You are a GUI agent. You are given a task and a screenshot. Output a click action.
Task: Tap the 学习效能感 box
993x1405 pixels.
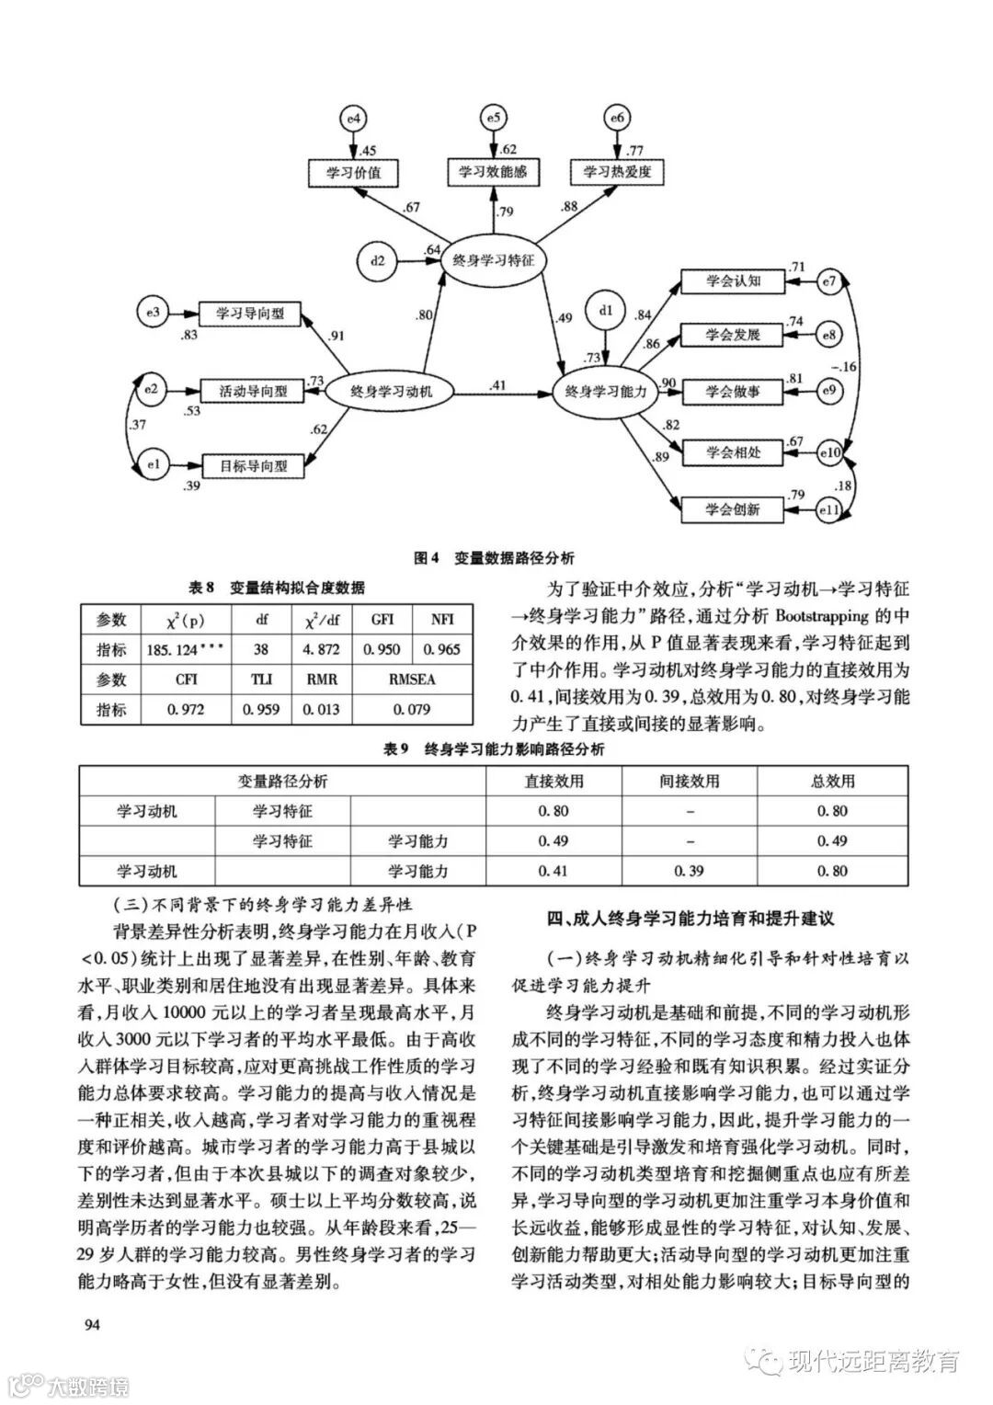tap(493, 171)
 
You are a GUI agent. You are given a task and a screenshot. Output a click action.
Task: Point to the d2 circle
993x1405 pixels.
tap(377, 260)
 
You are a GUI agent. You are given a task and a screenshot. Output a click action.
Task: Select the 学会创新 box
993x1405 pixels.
tap(733, 508)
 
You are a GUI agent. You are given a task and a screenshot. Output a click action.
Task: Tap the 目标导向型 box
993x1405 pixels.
tap(252, 466)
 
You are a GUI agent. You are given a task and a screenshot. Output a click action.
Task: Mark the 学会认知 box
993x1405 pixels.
tap(733, 280)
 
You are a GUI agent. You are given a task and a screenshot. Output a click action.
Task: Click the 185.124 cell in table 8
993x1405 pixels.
tap(186, 649)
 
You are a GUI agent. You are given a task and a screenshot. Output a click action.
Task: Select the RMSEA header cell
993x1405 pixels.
tap(413, 680)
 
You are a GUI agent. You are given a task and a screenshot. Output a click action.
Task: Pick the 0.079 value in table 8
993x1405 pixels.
tap(413, 709)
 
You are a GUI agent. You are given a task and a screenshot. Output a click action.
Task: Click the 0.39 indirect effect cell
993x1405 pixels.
tap(690, 871)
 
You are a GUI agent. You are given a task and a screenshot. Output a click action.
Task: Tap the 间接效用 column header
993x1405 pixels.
tap(690, 781)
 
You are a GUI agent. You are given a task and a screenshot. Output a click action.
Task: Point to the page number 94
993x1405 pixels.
tap(93, 1325)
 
